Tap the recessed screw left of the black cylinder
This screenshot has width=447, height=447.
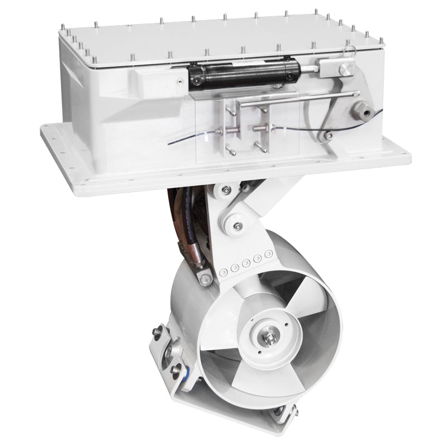[179, 82]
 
